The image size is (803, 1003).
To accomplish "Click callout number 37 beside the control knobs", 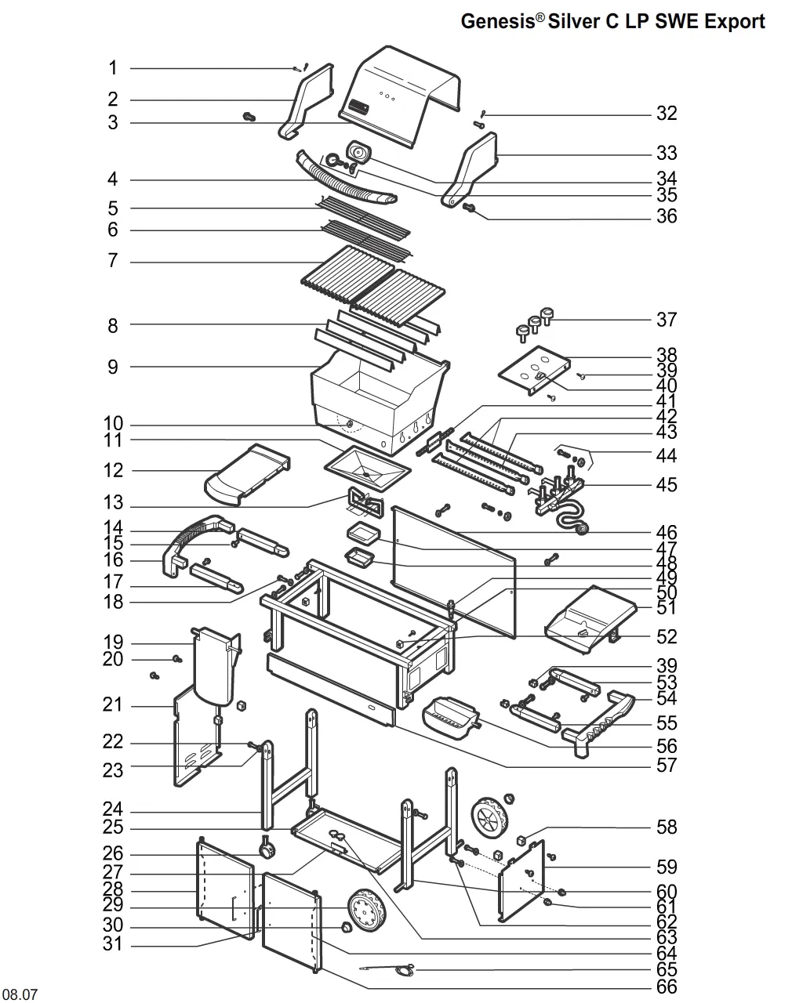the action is click(x=667, y=320).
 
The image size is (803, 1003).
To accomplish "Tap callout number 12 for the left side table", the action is click(x=113, y=470).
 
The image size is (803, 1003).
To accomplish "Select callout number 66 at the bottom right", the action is click(x=667, y=987).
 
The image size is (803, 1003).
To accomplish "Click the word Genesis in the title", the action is click(x=498, y=21).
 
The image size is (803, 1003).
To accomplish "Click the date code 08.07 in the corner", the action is click(x=20, y=994).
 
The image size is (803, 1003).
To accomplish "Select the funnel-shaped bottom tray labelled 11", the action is click(x=367, y=469).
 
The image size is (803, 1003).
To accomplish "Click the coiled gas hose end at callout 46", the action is click(x=581, y=529).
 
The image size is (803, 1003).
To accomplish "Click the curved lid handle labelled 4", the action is click(x=347, y=179).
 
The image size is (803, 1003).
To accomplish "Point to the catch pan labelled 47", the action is click(x=364, y=533).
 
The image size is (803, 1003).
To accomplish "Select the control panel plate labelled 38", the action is click(x=535, y=371).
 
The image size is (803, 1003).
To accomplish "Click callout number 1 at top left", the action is click(x=113, y=68).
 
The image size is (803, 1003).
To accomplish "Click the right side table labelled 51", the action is click(x=591, y=619).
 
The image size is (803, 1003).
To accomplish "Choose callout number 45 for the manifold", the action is click(x=667, y=485).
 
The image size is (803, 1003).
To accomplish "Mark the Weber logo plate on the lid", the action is click(x=358, y=107).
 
